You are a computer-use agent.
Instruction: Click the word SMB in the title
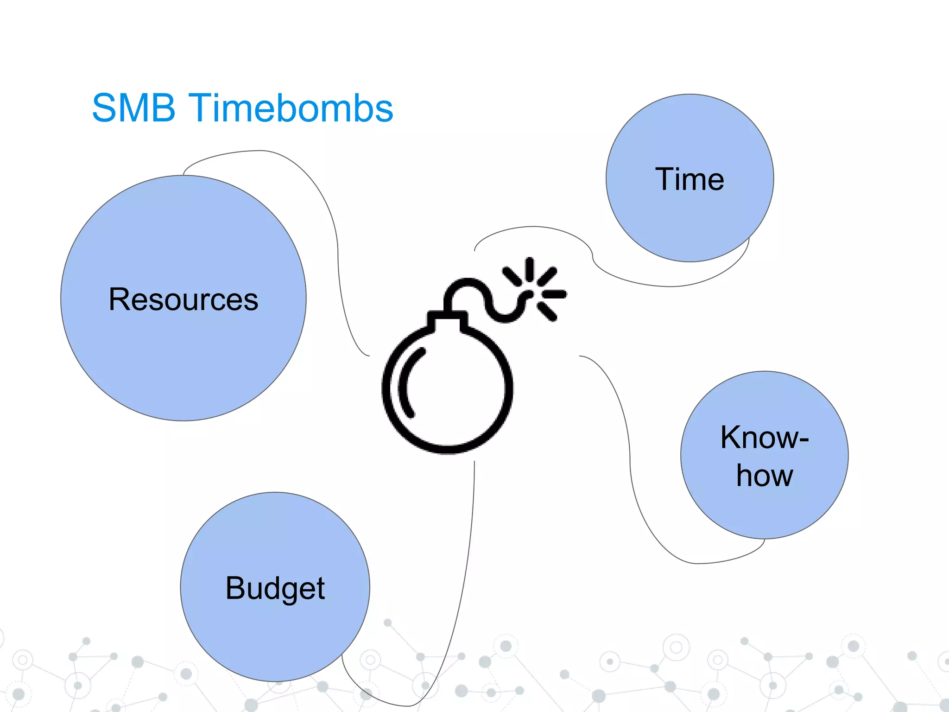[x=133, y=108]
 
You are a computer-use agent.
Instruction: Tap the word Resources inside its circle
[x=183, y=299]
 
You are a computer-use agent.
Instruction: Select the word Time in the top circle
[x=690, y=179]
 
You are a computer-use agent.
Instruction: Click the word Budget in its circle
[x=275, y=588]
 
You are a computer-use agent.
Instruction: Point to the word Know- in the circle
[x=764, y=437]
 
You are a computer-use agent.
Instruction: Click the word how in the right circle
[x=765, y=476]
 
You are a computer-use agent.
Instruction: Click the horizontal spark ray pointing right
[x=554, y=294]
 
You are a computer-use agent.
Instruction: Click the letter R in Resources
[x=119, y=299]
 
